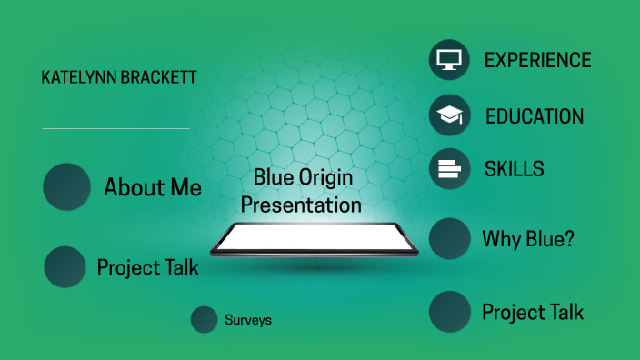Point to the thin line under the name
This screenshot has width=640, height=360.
(115, 128)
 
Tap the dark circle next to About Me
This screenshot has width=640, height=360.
(67, 187)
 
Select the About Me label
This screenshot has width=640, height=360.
(153, 188)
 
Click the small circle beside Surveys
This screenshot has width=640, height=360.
(204, 320)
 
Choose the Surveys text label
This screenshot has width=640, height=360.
(248, 320)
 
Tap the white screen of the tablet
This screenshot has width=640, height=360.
(314, 237)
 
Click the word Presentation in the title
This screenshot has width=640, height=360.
(301, 205)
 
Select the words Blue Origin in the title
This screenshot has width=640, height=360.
(303, 177)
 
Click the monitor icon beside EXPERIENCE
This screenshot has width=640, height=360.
(449, 60)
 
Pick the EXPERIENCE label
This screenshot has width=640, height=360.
(537, 60)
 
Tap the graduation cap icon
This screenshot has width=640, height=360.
(449, 115)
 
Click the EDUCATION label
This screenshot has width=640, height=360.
(535, 116)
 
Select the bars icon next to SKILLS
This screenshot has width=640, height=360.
(449, 168)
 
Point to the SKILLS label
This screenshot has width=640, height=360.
(514, 169)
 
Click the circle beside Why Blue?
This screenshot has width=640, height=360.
(449, 239)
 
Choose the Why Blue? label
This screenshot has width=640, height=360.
(528, 240)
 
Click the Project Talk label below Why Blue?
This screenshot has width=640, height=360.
(533, 313)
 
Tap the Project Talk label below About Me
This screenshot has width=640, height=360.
(147, 268)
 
